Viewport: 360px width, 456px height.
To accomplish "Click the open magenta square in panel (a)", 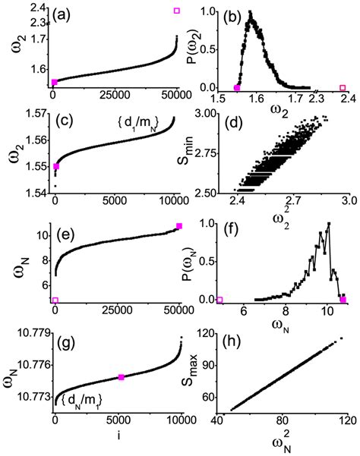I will point(177,11).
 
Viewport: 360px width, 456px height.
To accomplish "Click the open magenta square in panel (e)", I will point(55,300).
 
